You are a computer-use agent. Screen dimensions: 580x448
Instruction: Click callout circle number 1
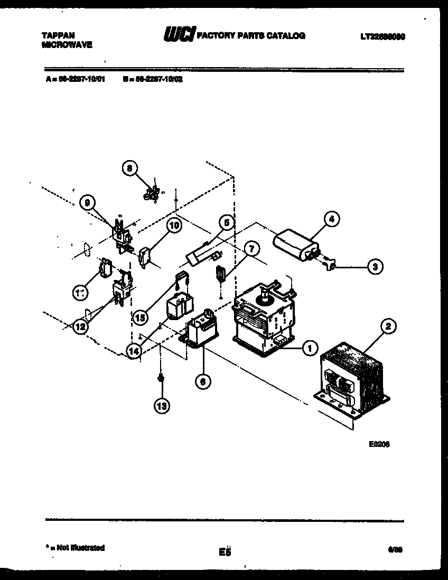pyautogui.click(x=309, y=347)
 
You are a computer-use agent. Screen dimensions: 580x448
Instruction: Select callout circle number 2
pyautogui.click(x=388, y=327)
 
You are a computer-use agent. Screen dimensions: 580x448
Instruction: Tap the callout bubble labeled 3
pyautogui.click(x=375, y=267)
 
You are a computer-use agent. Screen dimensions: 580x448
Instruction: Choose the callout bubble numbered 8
pyautogui.click(x=128, y=169)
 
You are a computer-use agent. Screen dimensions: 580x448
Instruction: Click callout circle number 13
pyautogui.click(x=162, y=406)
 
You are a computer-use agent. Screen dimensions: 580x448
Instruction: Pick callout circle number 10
pyautogui.click(x=173, y=226)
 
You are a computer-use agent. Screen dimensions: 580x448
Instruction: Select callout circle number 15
pyautogui.click(x=139, y=318)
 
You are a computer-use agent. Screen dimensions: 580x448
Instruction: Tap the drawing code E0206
pyautogui.click(x=379, y=444)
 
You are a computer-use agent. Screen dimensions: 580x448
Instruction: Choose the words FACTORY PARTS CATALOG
pyautogui.click(x=251, y=35)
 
